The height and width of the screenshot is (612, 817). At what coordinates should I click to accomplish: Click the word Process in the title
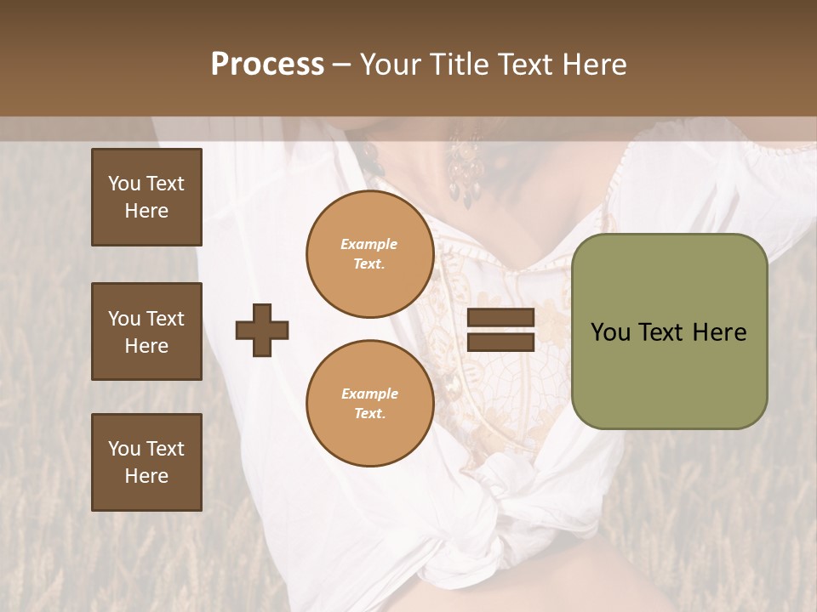coord(267,65)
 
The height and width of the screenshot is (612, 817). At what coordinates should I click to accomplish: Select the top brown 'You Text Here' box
coord(146,197)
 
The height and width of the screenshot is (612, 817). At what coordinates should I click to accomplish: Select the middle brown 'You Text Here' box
coord(146,331)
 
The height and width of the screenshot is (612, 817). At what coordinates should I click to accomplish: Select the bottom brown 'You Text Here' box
coord(146,462)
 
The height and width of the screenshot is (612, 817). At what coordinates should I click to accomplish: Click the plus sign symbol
coord(262,330)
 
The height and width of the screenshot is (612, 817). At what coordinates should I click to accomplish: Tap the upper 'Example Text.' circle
coord(369,254)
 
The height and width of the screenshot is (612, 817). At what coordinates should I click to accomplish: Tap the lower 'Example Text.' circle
coord(369,404)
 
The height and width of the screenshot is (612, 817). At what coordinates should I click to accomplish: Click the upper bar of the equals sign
coord(500,317)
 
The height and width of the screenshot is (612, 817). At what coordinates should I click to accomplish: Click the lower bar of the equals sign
coord(500,342)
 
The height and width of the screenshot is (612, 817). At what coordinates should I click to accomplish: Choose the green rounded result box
coord(669,331)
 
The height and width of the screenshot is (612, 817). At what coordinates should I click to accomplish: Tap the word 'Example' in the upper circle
coord(369,244)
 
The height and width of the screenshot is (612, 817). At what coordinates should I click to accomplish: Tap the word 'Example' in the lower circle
coord(369,394)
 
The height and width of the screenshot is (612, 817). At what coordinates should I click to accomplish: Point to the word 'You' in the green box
coord(611,332)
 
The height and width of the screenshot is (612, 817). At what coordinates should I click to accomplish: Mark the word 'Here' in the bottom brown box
coord(146,476)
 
